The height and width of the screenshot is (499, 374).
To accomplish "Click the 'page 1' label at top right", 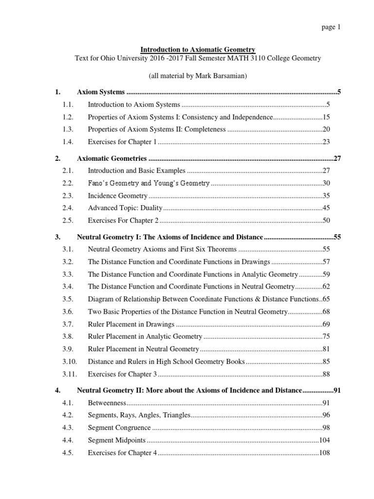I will click(331, 27).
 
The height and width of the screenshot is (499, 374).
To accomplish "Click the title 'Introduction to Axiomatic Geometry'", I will click(198, 50).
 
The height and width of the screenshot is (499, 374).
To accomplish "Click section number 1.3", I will click(67, 130).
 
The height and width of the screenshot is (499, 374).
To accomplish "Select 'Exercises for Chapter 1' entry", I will click(122, 142).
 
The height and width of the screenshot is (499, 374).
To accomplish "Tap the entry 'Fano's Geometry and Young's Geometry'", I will click(149, 184).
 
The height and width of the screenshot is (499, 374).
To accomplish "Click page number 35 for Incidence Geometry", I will click(326, 196).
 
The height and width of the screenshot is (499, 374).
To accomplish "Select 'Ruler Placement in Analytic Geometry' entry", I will click(145, 337).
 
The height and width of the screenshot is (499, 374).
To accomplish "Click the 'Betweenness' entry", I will click(107, 403).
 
